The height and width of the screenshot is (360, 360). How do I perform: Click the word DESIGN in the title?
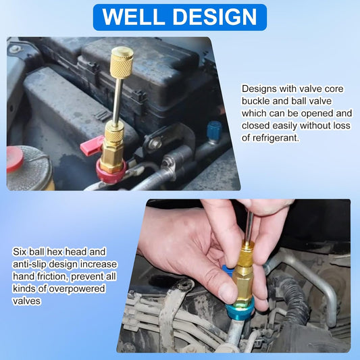click(x=215, y=17)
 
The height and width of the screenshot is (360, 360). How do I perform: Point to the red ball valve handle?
click(x=92, y=145)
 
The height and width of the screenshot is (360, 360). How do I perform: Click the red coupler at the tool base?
click(x=111, y=172)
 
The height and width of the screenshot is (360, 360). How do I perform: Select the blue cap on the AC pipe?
click(x=214, y=130)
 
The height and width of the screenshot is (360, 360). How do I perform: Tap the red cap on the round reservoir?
click(x=15, y=159)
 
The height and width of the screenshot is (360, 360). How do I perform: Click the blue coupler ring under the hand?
click(x=240, y=311)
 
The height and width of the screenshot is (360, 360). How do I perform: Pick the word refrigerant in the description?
click(x=276, y=138)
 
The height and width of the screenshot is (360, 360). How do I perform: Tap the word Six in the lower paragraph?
click(x=20, y=252)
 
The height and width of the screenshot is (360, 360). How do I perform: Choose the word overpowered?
click(x=77, y=289)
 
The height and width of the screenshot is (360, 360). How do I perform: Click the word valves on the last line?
click(x=26, y=301)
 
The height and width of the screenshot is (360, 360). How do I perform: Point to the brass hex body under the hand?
click(x=243, y=286)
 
